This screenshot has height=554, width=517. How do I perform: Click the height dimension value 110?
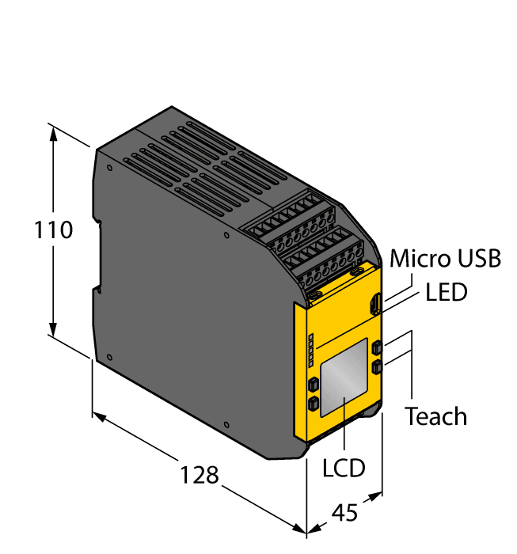54,230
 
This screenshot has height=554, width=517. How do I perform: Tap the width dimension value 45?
344,512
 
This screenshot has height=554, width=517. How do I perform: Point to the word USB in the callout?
481,259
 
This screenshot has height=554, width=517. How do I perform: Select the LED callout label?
447,292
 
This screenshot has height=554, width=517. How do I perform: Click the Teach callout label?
435,416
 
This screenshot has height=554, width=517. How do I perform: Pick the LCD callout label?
344,467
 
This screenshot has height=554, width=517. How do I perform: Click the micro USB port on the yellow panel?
377,304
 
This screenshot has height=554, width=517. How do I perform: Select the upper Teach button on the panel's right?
378,347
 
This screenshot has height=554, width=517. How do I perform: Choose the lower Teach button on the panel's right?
378,366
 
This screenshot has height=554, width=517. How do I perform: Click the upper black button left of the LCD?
313,385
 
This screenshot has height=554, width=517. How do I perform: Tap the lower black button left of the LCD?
313,404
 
